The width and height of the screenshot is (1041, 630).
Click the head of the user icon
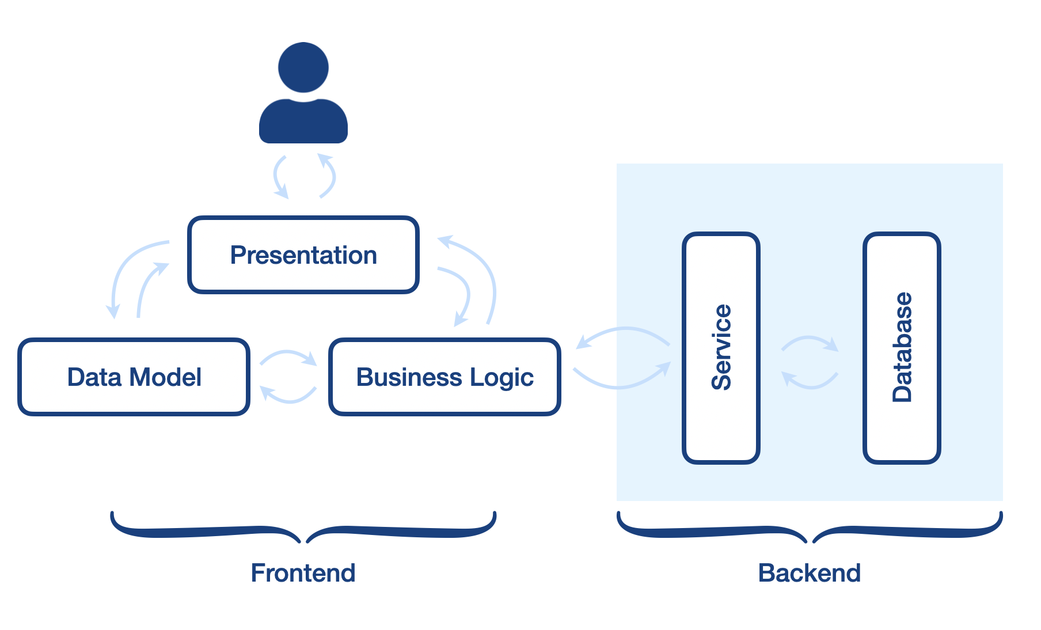click(x=303, y=67)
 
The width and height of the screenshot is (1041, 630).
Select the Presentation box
click(x=303, y=255)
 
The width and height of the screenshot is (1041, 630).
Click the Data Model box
click(x=134, y=377)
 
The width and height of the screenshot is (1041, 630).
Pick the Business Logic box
click(x=445, y=377)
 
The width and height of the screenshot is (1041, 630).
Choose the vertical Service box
click(x=721, y=348)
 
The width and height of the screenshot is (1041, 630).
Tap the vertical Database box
click(x=902, y=348)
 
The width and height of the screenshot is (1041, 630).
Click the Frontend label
click(x=303, y=573)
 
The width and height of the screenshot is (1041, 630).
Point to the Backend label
click(x=810, y=573)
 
